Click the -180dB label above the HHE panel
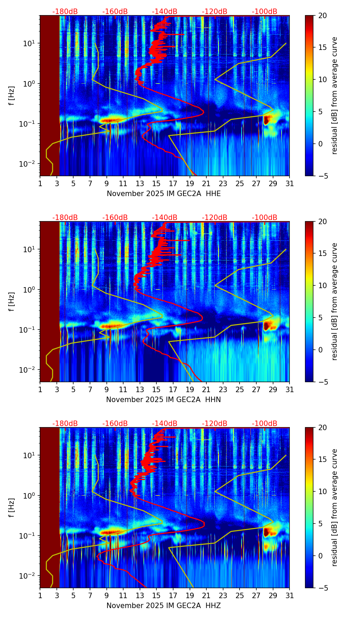[x=65, y=12]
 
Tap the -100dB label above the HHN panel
[x=265, y=218]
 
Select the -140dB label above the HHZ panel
[x=165, y=424]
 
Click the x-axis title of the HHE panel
[x=164, y=194]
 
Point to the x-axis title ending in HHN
[x=164, y=400]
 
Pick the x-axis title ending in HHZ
[x=164, y=606]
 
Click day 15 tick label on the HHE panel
[x=156, y=184]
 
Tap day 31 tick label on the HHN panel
[x=289, y=390]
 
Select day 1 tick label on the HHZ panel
[x=40, y=596]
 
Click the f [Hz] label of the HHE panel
[x=12, y=95]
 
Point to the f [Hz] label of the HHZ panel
[x=12, y=507]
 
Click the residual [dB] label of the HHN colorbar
[x=334, y=301]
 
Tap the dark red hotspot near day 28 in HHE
[x=267, y=120]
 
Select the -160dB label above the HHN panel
[x=115, y=218]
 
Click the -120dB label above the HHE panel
[x=215, y=12]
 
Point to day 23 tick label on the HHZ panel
[x=223, y=596]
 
